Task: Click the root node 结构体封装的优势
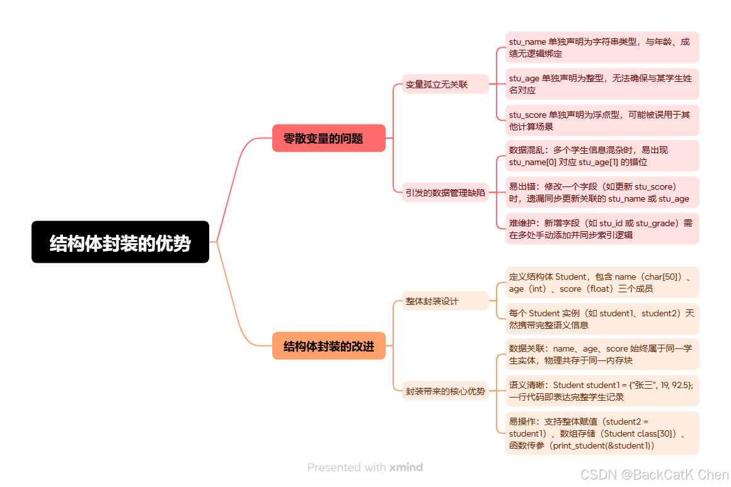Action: point(120,242)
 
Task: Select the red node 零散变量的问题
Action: point(328,138)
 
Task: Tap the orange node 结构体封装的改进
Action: point(328,346)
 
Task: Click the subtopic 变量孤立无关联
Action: point(445,84)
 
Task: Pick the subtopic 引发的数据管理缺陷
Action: point(445,193)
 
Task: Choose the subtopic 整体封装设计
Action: point(445,301)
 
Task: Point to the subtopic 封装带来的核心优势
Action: point(445,391)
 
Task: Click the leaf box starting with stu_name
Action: point(602,47)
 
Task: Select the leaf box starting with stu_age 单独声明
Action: point(602,84)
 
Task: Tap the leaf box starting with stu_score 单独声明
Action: point(602,120)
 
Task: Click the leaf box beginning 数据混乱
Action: point(602,156)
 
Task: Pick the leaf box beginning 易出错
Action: point(602,192)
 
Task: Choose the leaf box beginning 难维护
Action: point(602,229)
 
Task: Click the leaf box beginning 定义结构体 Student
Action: point(602,282)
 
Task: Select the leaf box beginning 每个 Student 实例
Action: point(602,319)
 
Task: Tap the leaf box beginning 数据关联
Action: point(602,354)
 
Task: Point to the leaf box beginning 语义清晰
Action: point(602,391)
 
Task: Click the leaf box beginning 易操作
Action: point(602,433)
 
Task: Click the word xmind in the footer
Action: point(406,467)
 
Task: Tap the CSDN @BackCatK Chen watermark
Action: point(654,474)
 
